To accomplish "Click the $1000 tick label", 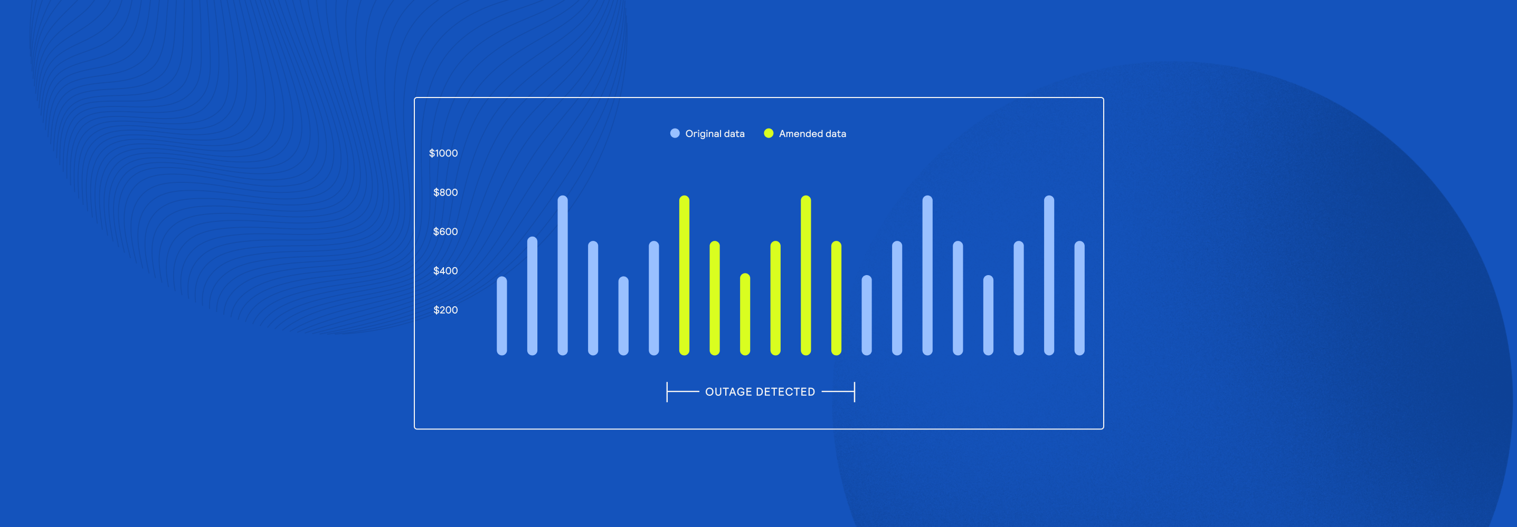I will [x=443, y=153].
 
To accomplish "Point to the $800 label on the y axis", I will [x=445, y=192].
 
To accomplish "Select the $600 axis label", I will [x=445, y=232].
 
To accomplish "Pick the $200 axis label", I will [x=445, y=310].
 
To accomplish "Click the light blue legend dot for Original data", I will [x=675, y=133].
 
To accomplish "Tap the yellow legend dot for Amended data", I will [x=769, y=133].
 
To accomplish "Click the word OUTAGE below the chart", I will [x=728, y=392].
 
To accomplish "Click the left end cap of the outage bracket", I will [x=667, y=392].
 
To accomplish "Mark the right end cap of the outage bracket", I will [x=855, y=392].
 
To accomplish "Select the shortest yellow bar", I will [x=745, y=314].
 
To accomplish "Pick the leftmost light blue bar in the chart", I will [x=502, y=316].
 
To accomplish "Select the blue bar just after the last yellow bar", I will [x=867, y=315].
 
